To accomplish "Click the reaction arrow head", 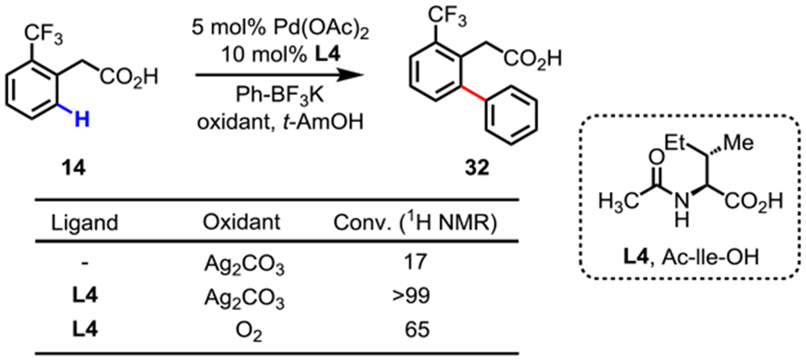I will click(x=350, y=75).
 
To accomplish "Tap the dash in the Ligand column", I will click(x=89, y=265).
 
